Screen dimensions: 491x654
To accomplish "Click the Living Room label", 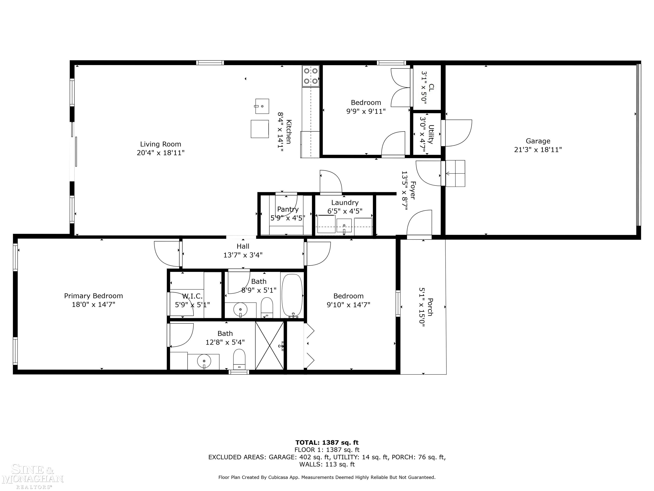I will point(161,144).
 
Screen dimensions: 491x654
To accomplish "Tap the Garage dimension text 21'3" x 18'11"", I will point(538,150).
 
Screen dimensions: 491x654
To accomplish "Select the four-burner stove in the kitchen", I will point(311,76).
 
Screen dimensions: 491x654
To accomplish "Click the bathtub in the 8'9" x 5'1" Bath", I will point(292,295).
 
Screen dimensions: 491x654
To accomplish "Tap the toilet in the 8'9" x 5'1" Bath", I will point(267,307).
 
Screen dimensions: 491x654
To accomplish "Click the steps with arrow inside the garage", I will point(455,173).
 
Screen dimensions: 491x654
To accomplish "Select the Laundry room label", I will point(345,203).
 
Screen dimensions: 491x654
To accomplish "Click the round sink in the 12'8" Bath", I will point(204,361).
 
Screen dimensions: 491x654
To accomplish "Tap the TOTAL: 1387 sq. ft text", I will point(327,442).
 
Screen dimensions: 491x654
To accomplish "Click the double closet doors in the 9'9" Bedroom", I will point(401,88).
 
